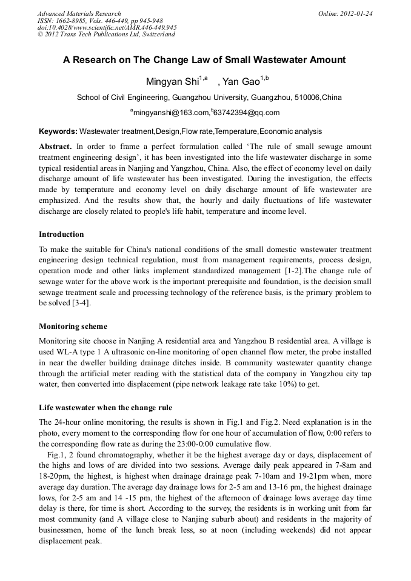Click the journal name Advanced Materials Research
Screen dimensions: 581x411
click(79, 13)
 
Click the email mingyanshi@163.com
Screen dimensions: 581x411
click(171, 113)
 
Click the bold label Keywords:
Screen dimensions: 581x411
click(58, 131)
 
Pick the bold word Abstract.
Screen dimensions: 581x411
click(55, 147)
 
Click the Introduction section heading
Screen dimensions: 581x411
click(61, 234)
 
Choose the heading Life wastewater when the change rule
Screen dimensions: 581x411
click(105, 407)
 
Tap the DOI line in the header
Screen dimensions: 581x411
click(107, 27)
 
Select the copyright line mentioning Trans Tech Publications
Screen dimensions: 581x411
click(106, 35)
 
